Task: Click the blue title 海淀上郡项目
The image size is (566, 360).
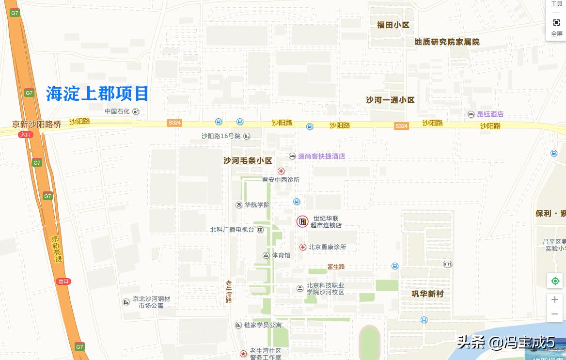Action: click(97, 93)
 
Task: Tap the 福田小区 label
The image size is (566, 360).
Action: click(393, 25)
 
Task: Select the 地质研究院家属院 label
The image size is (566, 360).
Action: click(447, 42)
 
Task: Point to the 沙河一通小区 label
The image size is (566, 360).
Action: click(390, 100)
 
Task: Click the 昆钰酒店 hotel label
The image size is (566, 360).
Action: click(490, 114)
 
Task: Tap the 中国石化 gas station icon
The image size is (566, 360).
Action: click(136, 111)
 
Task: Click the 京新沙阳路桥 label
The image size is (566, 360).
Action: click(37, 125)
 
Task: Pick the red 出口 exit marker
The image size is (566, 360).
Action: click(63, 282)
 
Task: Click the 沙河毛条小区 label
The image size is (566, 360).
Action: click(248, 160)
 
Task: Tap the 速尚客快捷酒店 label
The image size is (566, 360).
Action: click(321, 157)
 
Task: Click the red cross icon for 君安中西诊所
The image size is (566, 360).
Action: click(281, 171)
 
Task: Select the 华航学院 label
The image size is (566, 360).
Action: click(257, 205)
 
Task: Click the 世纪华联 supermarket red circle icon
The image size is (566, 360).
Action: click(302, 222)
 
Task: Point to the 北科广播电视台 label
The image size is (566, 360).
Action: click(232, 230)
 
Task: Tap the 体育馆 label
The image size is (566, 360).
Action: click(281, 255)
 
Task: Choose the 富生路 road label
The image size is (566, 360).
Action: click(336, 266)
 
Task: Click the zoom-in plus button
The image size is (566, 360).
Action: click(555, 300)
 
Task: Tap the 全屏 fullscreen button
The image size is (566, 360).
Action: click(556, 28)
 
